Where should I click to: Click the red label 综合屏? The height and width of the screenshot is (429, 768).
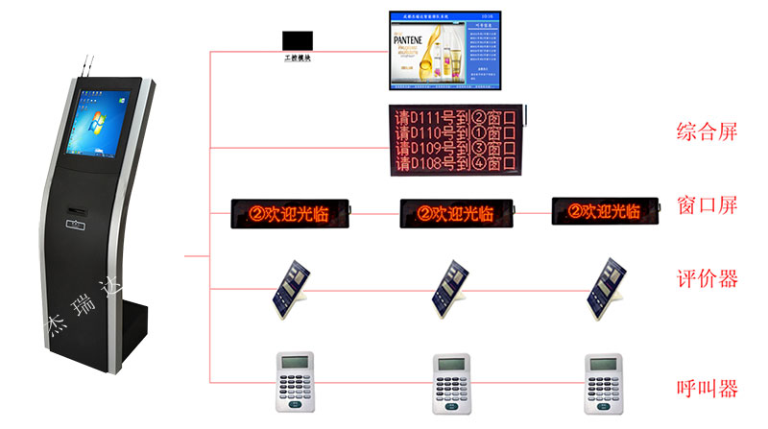coord(707,131)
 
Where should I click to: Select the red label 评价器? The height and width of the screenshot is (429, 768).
coord(707,279)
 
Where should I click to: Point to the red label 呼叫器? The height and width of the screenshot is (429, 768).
coord(707,389)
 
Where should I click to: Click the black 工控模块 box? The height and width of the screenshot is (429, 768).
coord(297,42)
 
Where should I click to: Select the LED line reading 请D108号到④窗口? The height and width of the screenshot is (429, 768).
coord(454,163)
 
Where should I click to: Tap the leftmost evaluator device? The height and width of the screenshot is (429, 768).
coord(290,285)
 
